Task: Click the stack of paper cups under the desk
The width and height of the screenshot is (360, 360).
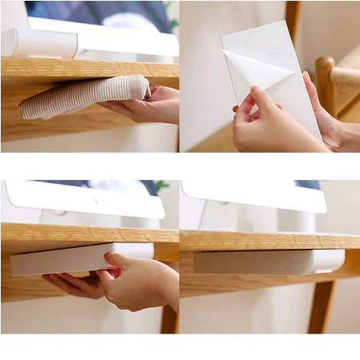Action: click(80, 98)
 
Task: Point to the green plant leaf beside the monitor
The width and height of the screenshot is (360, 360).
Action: click(162, 186)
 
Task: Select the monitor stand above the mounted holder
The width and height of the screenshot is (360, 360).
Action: click(272, 219)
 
